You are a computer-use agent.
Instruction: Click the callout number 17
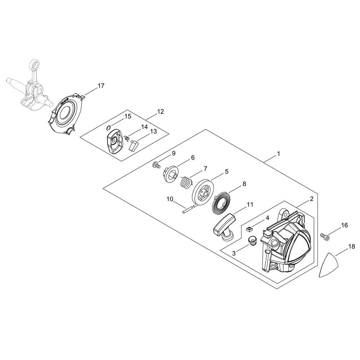click(101, 86)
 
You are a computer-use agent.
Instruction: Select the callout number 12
click(161, 112)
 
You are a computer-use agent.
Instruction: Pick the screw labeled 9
click(156, 165)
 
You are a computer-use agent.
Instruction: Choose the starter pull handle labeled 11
click(224, 226)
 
